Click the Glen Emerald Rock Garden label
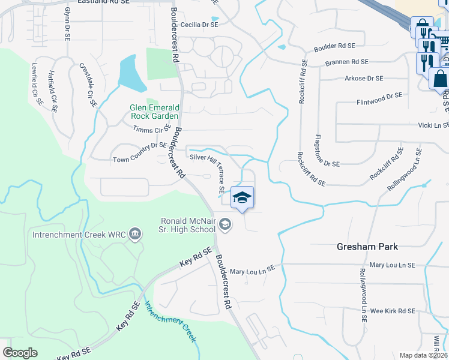click(154, 112)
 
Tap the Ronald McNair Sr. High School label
click(187, 224)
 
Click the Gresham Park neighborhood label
click(367, 247)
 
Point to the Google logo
click(20, 352)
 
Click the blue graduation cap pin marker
click(241, 198)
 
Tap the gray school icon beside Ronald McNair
click(225, 225)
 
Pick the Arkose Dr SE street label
click(364, 79)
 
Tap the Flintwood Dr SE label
click(379, 95)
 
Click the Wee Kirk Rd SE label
click(393, 311)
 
